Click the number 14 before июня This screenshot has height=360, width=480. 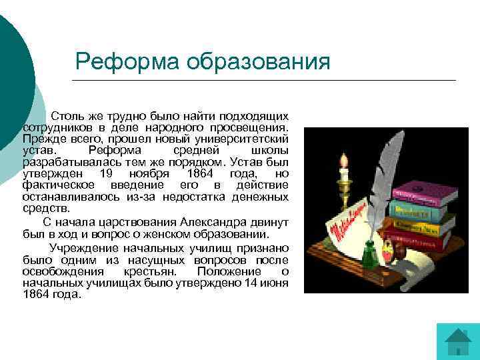pyautogui.click(x=249, y=283)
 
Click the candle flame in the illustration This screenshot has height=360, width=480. pyautogui.click(x=345, y=160)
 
